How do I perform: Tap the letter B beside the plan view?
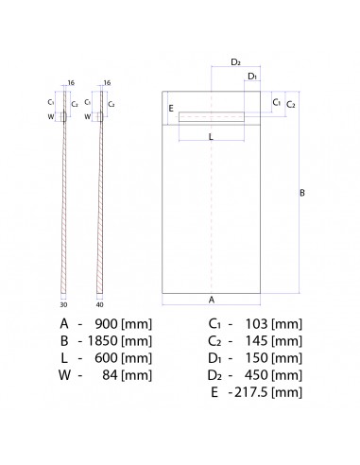pyautogui.click(x=301, y=194)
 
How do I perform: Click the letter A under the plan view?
pyautogui.click(x=211, y=299)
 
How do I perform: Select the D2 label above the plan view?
pyautogui.click(x=236, y=62)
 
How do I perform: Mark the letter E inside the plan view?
pyautogui.click(x=171, y=109)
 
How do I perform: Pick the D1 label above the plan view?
pyautogui.click(x=251, y=77)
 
